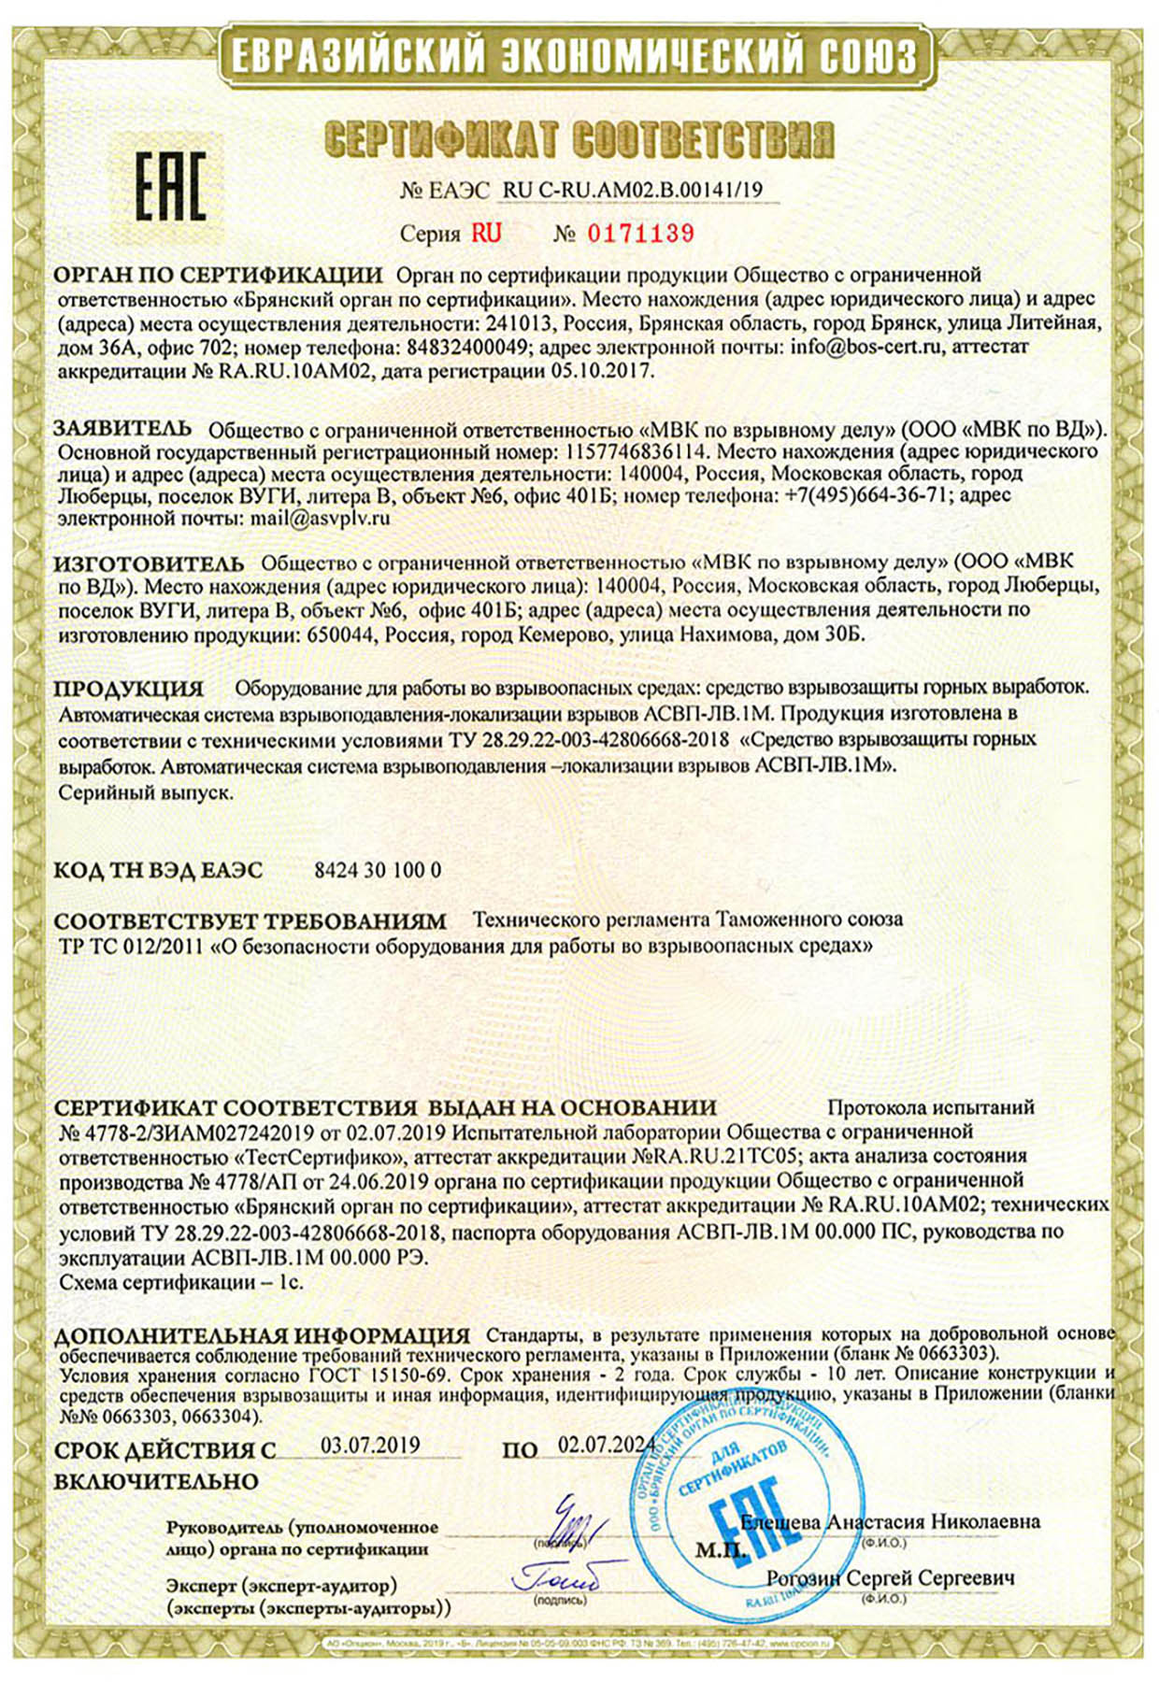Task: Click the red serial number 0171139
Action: pyautogui.click(x=640, y=234)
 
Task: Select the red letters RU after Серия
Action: pyautogui.click(x=486, y=234)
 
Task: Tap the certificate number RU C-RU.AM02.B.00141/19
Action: pyautogui.click(x=633, y=191)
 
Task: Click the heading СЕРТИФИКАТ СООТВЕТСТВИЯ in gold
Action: pyautogui.click(x=578, y=140)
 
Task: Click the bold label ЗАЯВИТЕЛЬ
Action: pyautogui.click(x=122, y=429)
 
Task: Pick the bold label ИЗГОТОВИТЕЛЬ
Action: pyautogui.click(x=149, y=563)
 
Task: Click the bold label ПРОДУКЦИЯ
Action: pyautogui.click(x=128, y=689)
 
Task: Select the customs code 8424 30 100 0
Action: pyautogui.click(x=378, y=870)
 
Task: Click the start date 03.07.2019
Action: pyautogui.click(x=370, y=1445)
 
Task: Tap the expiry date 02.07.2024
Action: pyautogui.click(x=606, y=1445)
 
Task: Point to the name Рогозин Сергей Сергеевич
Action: pyautogui.click(x=890, y=1578)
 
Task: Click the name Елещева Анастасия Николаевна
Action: pyautogui.click(x=890, y=1522)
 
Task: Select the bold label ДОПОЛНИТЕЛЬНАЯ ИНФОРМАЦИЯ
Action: pyautogui.click(x=262, y=1335)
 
